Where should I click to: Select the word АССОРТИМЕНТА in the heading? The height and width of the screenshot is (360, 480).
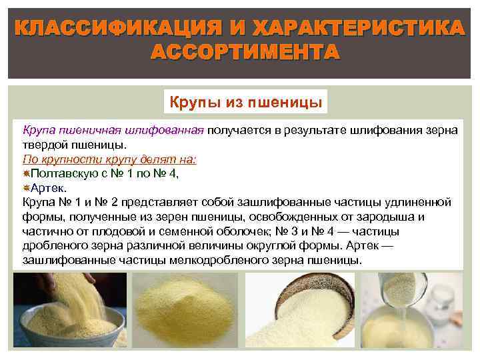(x=245, y=53)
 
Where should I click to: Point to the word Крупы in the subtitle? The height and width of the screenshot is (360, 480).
(x=192, y=103)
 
